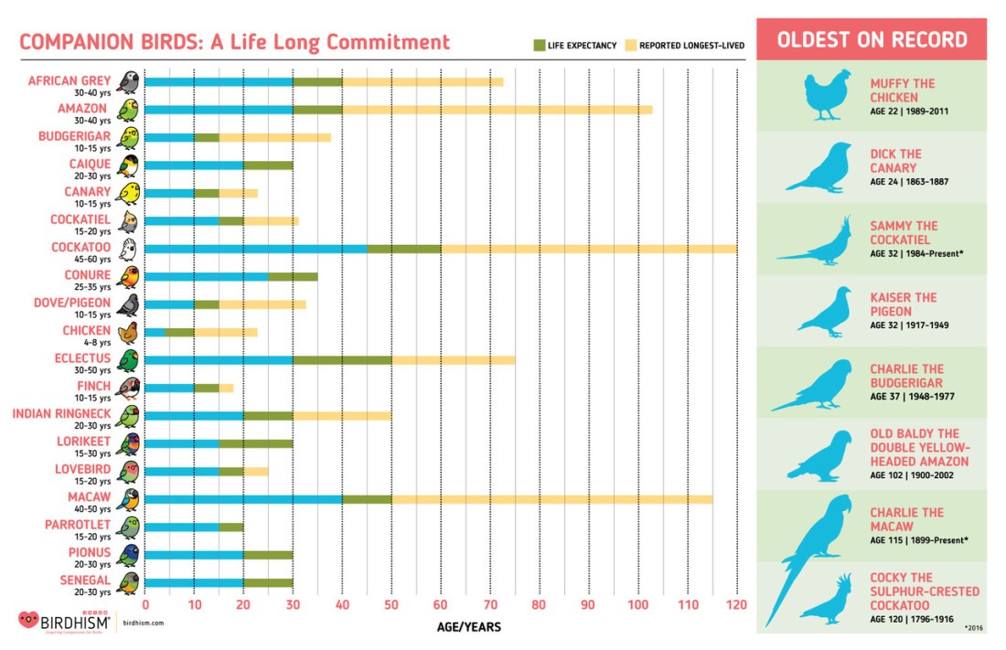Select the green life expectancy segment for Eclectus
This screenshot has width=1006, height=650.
point(342,359)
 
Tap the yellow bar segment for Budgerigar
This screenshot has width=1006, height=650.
point(274,138)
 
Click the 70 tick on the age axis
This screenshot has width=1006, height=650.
point(490,604)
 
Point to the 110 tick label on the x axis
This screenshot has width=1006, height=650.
point(687,604)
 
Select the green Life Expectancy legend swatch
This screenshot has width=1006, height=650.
point(539,44)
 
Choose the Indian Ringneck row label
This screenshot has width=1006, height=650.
point(62,413)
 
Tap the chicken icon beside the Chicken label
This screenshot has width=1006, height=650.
point(130,333)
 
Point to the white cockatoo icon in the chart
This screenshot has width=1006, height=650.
point(130,250)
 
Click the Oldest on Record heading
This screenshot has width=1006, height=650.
point(871,39)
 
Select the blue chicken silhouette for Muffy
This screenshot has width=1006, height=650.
point(826,95)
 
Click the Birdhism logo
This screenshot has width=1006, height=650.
point(64,621)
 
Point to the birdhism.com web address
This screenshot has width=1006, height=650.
point(144,623)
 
